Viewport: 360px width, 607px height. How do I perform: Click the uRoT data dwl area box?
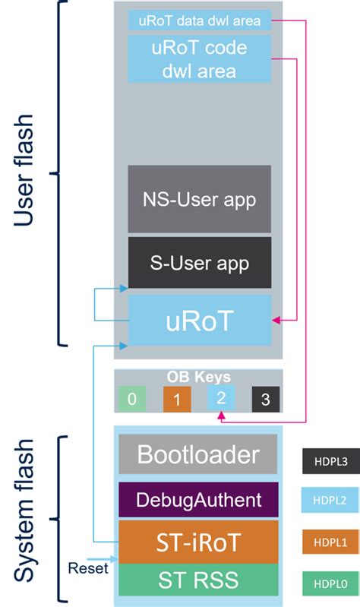click(199, 21)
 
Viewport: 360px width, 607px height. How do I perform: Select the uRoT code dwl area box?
click(199, 59)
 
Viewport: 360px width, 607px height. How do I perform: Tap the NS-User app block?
click(199, 199)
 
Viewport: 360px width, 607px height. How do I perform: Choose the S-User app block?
click(199, 263)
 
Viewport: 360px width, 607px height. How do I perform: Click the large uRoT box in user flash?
click(199, 321)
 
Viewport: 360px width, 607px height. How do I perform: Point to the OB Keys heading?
click(199, 376)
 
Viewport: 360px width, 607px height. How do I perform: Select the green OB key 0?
click(131, 399)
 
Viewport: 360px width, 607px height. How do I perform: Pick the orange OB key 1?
click(176, 399)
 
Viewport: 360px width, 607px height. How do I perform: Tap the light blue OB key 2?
click(221, 397)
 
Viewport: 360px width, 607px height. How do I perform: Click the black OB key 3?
click(265, 399)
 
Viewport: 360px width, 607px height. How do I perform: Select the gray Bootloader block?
click(198, 454)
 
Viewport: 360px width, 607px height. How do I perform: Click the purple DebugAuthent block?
click(198, 499)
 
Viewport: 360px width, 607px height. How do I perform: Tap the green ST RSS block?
click(198, 580)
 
